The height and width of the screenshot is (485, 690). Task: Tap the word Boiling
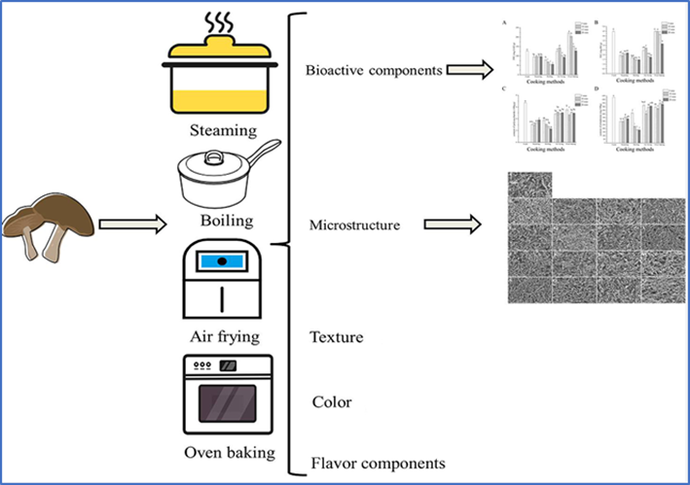(221, 220)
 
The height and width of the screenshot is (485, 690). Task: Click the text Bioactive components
(374, 70)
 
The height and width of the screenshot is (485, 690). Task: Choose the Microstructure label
(355, 225)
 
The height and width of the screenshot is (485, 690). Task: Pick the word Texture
(336, 337)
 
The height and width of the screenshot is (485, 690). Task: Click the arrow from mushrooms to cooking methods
(127, 224)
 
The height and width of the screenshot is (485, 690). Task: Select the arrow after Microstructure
(454, 225)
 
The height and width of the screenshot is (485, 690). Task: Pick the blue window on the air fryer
(222, 260)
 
